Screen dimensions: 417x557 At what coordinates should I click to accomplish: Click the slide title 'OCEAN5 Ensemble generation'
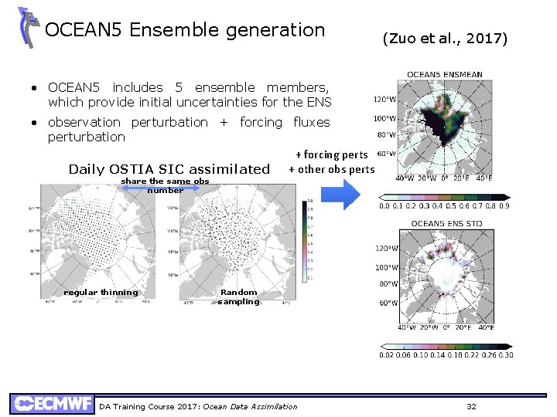coord(185,30)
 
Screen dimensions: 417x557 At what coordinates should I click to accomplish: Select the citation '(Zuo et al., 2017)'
coord(445,38)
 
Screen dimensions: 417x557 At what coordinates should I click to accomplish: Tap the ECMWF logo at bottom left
coord(52,404)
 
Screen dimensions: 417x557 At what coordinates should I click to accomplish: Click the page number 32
coord(472,406)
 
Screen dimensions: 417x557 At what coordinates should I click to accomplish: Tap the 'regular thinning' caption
coord(101,293)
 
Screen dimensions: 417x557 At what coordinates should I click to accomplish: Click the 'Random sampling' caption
coord(238,297)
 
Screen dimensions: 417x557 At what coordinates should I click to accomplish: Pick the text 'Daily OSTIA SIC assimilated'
coord(169,169)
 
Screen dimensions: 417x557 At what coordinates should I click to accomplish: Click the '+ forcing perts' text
coord(331,155)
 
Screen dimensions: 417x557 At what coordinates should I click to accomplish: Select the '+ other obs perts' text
coord(331,170)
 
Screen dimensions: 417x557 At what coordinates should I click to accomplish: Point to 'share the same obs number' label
coord(166,185)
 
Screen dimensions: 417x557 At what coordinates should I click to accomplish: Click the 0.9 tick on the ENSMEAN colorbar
coord(504,206)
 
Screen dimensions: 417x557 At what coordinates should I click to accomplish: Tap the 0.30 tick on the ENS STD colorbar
coord(505,354)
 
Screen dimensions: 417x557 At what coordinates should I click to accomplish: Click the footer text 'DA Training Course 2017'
coord(149,407)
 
